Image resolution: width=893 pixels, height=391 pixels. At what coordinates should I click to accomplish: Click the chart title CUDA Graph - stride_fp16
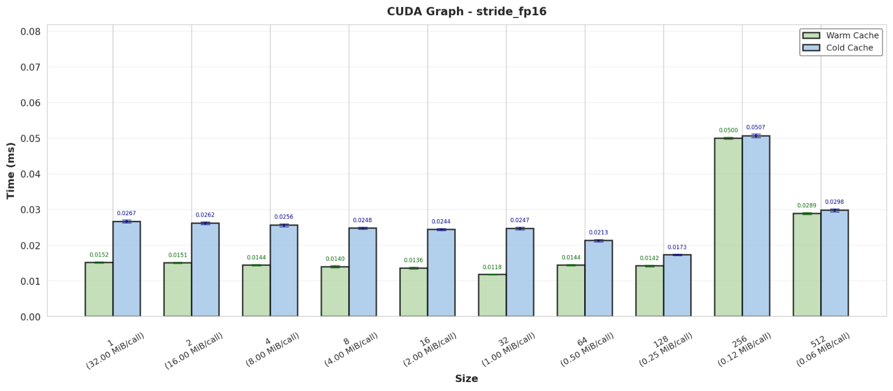coord(466,11)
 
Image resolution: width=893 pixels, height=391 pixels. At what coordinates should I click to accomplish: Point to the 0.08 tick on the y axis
coord(30,32)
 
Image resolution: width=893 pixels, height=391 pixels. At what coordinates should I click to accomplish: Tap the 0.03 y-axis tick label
coord(30,210)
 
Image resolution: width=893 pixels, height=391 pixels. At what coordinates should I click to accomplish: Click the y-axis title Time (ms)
coord(11,171)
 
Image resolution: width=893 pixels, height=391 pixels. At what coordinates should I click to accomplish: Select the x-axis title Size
coord(466,379)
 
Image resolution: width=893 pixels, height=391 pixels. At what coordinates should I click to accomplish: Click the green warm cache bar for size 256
coord(728,228)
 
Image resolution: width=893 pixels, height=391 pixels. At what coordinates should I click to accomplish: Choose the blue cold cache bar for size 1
coord(126,269)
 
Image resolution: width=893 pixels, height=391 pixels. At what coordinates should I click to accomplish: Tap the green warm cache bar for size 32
coord(492,295)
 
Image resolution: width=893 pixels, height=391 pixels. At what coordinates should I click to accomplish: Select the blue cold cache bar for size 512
coord(834,263)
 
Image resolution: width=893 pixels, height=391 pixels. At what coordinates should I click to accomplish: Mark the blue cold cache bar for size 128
coord(677,286)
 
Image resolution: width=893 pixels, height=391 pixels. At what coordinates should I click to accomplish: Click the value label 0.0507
coord(755,127)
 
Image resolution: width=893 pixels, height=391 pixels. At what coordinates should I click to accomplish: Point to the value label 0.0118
coord(492,267)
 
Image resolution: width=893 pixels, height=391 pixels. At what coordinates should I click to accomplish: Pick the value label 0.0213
coord(598,233)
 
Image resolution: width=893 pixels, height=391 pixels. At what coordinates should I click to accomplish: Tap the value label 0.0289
coord(806,205)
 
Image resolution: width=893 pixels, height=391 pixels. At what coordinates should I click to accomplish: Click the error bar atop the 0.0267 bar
coord(126,221)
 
